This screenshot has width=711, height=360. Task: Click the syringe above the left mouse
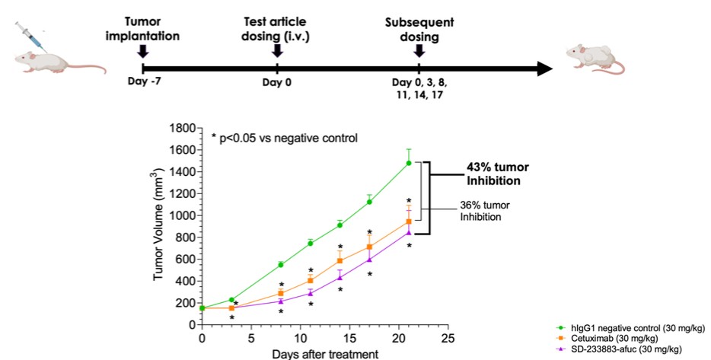pyautogui.click(x=33, y=36)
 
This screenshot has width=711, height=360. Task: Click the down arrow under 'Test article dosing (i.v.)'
pyautogui.click(x=277, y=50)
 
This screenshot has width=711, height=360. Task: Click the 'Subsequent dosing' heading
pyautogui.click(x=418, y=29)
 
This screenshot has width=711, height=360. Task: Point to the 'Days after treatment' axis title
pyautogui.click(x=325, y=353)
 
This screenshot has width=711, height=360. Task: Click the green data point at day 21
pyautogui.click(x=409, y=163)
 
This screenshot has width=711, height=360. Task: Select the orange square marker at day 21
pyautogui.click(x=409, y=221)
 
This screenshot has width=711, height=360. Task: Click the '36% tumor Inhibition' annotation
pyautogui.click(x=486, y=211)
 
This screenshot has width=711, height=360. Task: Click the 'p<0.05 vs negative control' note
pyautogui.click(x=291, y=138)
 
